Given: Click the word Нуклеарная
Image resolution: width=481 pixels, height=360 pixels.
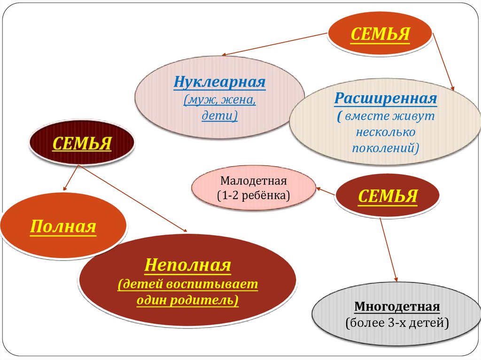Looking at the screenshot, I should point(220,83).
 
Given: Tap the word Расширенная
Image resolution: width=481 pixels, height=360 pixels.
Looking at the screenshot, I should point(386,99).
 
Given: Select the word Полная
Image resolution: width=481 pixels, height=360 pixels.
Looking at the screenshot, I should point(63,227).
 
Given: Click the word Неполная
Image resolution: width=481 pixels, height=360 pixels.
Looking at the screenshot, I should point(188,266).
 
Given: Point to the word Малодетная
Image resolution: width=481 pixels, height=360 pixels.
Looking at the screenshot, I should point(253,181).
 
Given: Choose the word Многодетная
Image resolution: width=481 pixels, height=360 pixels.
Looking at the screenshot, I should point(397,307).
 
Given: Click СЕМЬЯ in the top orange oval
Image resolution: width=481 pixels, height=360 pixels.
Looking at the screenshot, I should point(380,34).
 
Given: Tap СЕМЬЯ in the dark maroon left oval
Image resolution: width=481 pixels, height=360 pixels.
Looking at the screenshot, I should point(82,143).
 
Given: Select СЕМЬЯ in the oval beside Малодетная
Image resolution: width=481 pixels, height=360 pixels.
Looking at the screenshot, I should point(387,196).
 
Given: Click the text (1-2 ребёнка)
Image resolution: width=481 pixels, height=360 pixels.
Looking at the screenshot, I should point(253,195).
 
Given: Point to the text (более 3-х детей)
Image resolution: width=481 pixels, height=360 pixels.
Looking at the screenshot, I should point(397,323).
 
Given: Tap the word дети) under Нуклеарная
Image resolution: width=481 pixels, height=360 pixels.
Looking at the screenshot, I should point(220,115).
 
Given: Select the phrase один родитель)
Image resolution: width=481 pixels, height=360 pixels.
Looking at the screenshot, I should point(188,299).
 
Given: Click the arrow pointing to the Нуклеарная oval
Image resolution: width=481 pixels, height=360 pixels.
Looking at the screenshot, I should point(274,44).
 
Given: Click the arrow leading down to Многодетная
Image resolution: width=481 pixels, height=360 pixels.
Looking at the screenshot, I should point(389,249).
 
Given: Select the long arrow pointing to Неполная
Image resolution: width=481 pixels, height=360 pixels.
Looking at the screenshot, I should point(136,199).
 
